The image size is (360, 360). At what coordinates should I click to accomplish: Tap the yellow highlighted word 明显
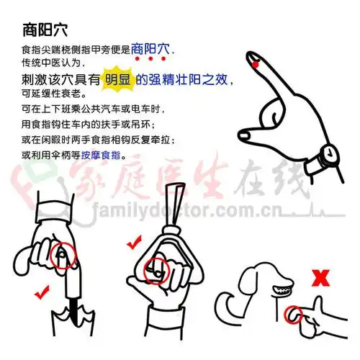tap(119, 81)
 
